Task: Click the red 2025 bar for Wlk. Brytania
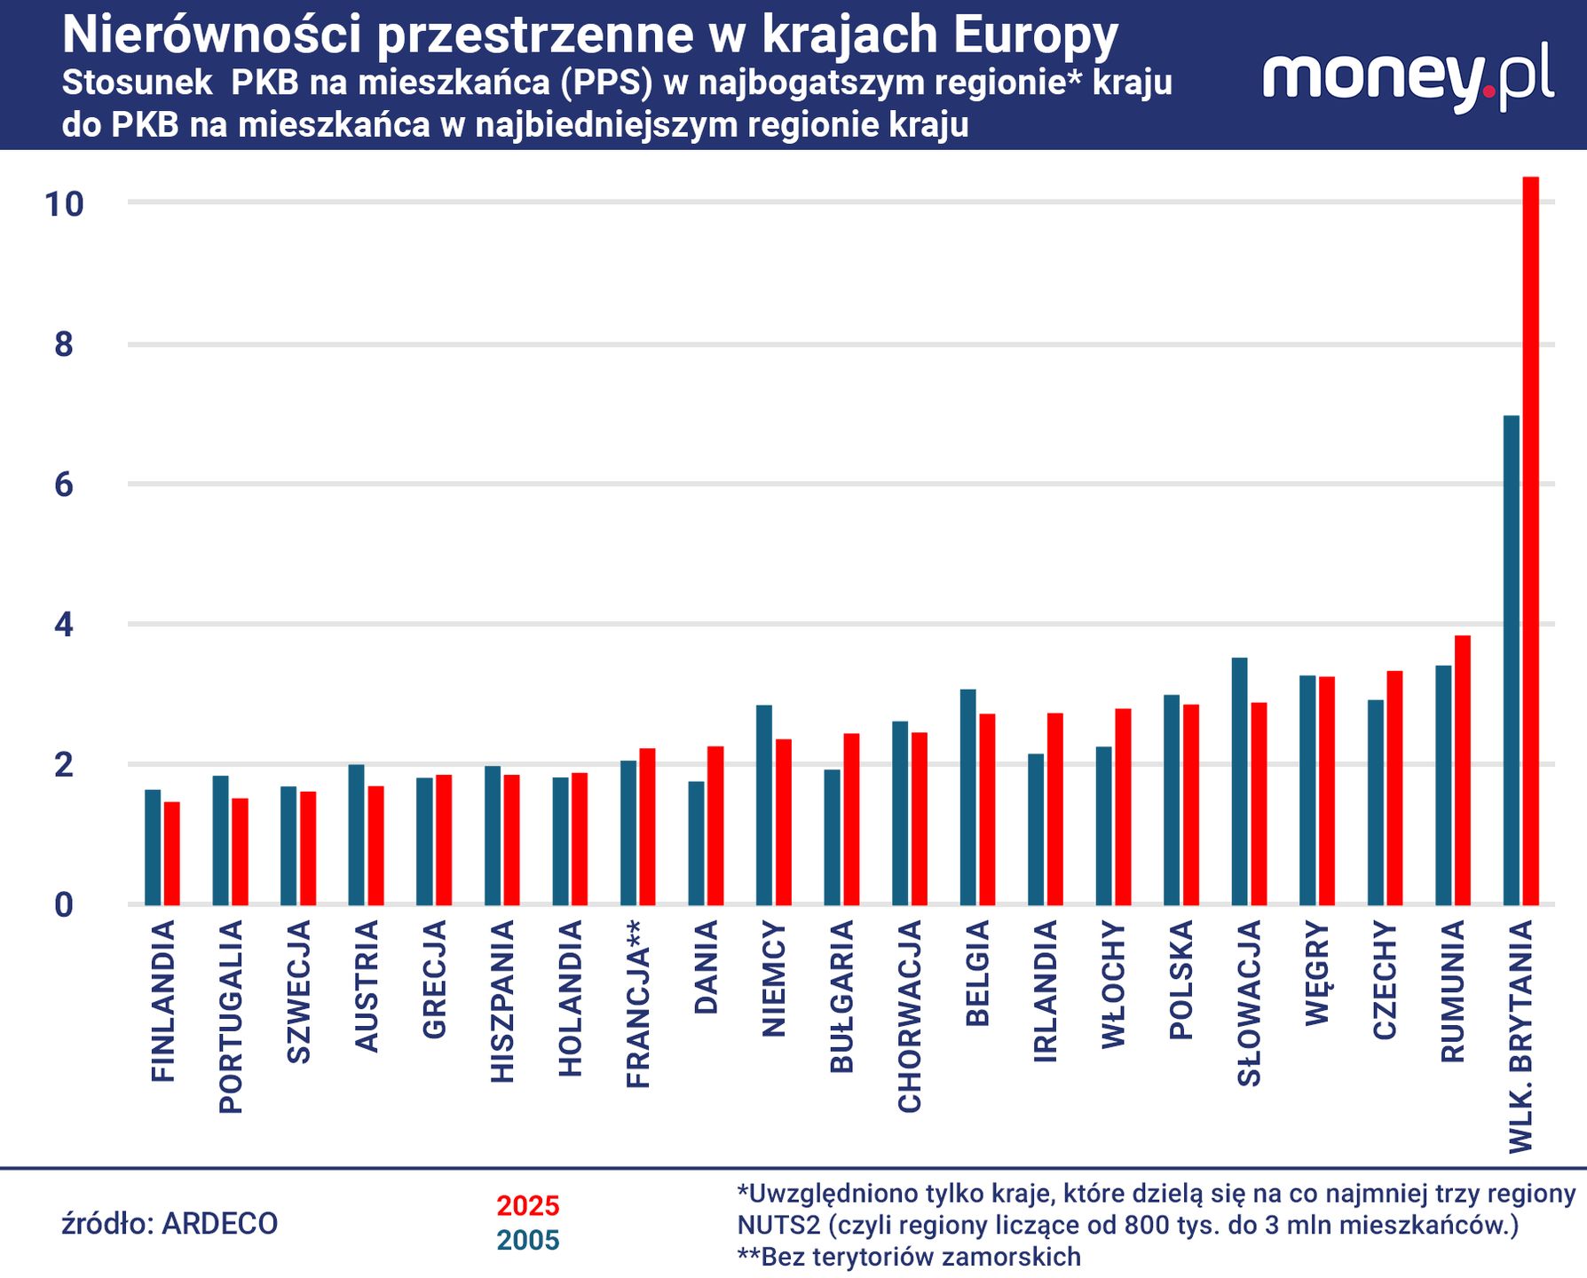tap(1530, 541)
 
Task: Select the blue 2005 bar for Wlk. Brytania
tap(1511, 660)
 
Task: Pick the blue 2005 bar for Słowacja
tap(1239, 781)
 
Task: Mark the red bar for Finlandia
tap(171, 853)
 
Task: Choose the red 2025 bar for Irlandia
tap(1054, 809)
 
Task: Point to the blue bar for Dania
tap(696, 842)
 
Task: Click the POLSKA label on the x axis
tap(1180, 981)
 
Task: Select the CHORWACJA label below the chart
tap(910, 1016)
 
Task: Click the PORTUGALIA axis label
tap(231, 1017)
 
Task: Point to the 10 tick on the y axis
tap(65, 204)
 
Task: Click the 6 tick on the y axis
tap(64, 485)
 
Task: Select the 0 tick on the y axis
tap(64, 905)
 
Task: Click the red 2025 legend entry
tap(528, 1206)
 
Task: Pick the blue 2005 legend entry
tap(528, 1240)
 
